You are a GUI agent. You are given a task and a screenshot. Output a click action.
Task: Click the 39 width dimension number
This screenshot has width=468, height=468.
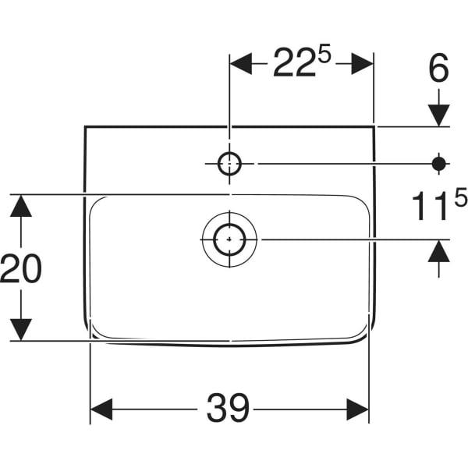228,409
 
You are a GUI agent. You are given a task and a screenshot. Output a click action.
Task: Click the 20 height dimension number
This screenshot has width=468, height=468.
21,269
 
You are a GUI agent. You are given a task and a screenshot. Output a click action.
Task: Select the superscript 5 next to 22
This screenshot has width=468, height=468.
324,55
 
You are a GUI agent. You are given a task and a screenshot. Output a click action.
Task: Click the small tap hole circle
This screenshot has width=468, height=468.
229,163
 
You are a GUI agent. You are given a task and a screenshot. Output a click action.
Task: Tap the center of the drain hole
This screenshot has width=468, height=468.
229,239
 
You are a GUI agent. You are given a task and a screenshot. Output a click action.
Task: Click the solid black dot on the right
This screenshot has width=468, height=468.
439,163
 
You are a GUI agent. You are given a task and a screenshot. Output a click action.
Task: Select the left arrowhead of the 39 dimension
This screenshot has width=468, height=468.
101,409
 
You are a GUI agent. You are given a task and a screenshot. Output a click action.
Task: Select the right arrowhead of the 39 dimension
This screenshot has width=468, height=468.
358,409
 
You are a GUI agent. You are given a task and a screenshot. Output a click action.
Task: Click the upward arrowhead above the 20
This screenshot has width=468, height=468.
21,206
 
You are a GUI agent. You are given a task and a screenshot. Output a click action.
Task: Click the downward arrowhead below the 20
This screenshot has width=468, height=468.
21,329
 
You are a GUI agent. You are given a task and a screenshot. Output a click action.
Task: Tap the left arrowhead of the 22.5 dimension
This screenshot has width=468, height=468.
240,65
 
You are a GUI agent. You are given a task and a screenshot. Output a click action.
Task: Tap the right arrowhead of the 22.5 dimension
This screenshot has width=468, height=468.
363,65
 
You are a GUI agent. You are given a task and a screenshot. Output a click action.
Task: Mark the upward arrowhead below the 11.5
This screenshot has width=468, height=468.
439,251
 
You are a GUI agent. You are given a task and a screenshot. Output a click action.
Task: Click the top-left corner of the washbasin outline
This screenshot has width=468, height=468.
85,126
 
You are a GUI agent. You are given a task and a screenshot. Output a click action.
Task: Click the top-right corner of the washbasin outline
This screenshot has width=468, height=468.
374,126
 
